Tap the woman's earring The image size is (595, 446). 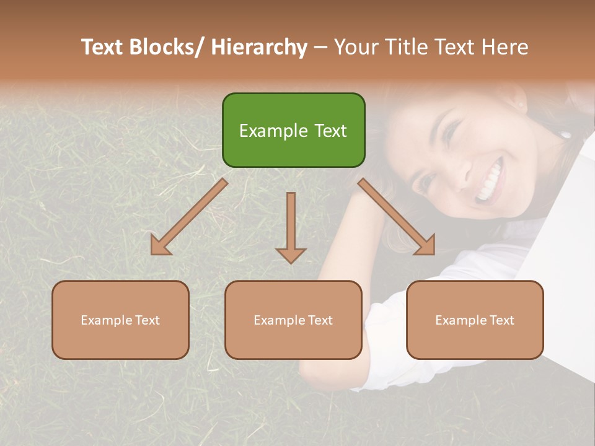tap(565, 133)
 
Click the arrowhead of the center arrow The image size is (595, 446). tap(291, 255)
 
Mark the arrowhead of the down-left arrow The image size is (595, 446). tap(161, 247)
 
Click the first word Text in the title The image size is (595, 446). tap(102, 47)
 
